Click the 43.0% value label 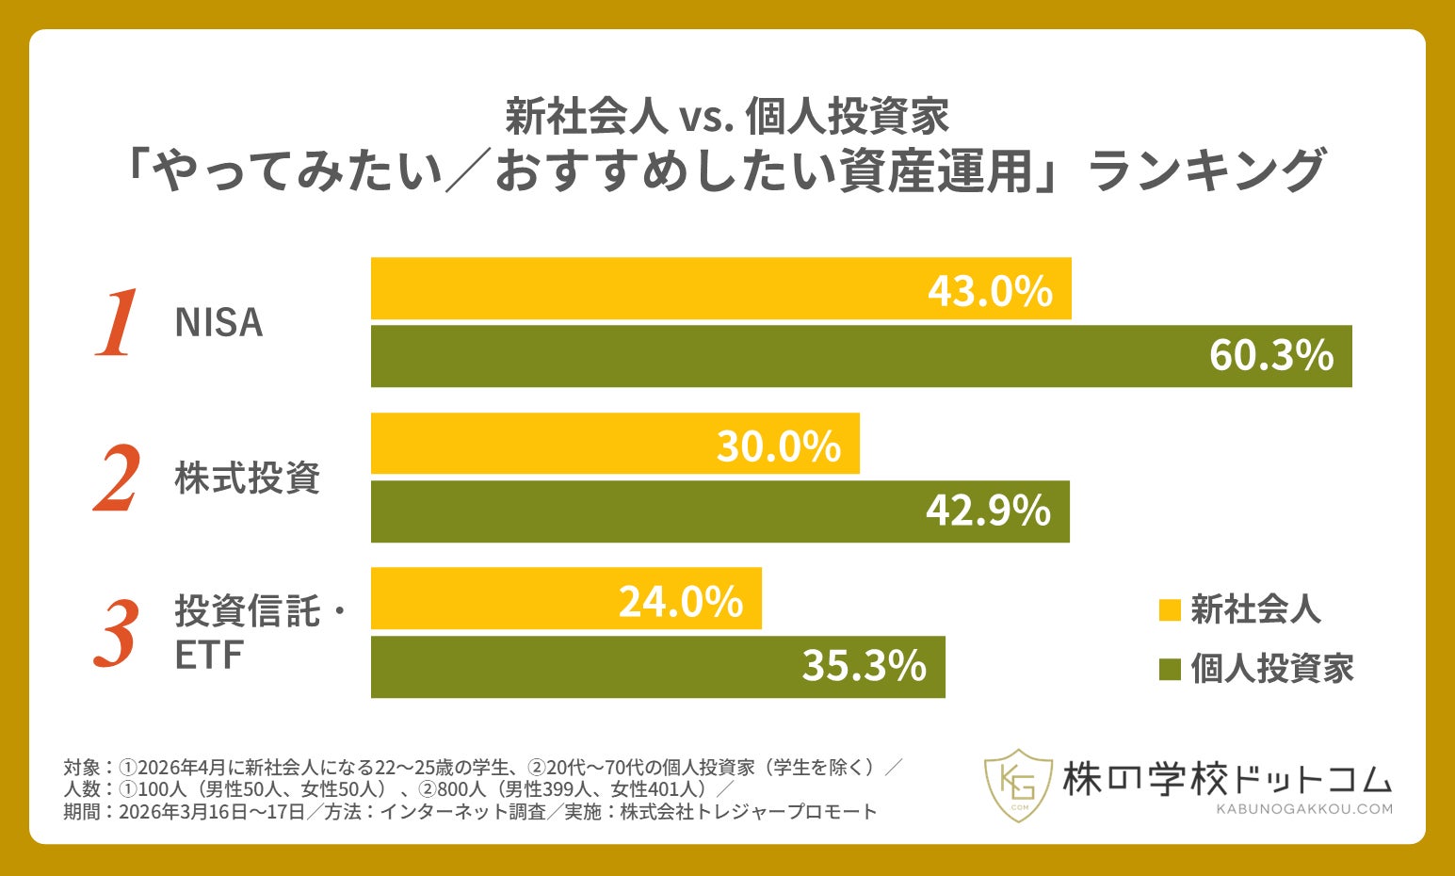point(990,291)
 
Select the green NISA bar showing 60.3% point(861,356)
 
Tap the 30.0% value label point(778,446)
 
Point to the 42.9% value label point(988,511)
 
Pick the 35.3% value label point(864,666)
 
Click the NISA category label point(218,323)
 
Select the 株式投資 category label point(247,479)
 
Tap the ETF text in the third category point(208,656)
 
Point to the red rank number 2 point(117,479)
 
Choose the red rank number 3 point(117,634)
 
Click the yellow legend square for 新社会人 point(1169,610)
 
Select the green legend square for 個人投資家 point(1169,670)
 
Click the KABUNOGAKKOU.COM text point(1303,808)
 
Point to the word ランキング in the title point(1206,171)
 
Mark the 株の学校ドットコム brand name point(1226,778)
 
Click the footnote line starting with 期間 point(470,812)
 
